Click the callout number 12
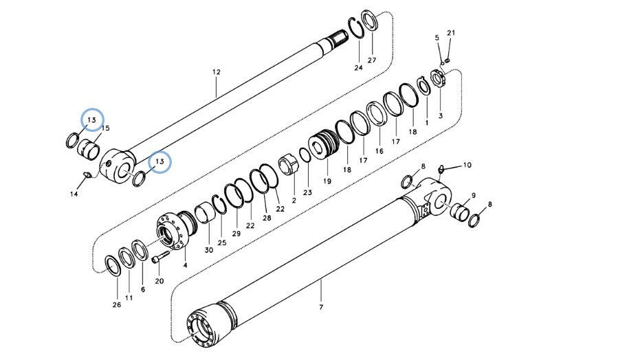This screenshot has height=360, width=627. coord(217,72)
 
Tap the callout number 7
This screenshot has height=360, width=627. coord(321,307)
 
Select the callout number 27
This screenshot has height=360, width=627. coord(372,60)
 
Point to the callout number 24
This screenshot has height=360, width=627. coord(358,67)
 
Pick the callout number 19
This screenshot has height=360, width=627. coord(327,181)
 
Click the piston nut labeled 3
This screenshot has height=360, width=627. coord(438,80)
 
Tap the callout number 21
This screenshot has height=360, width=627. coord(451,33)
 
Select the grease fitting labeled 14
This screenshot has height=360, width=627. coord(87,175)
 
